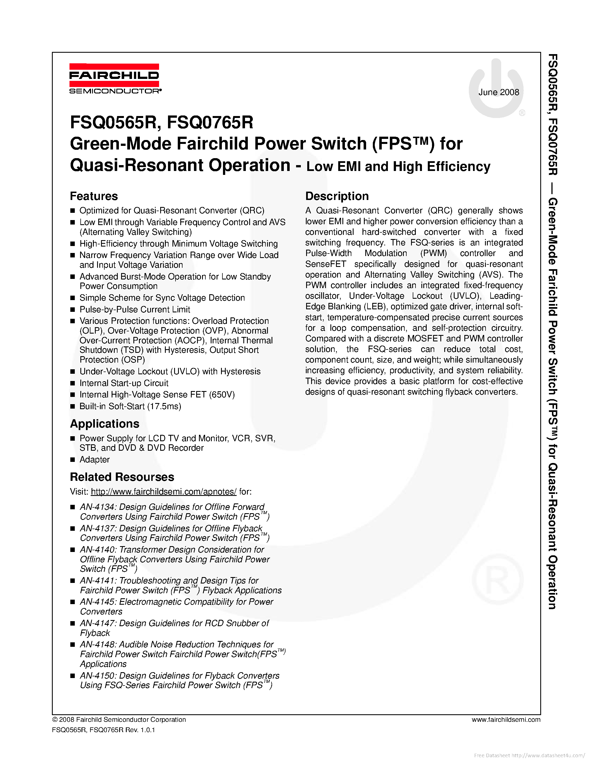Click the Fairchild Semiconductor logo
click(x=114, y=79)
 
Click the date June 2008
click(x=498, y=92)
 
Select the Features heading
click(x=94, y=196)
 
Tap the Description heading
click(x=337, y=196)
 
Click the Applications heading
click(x=105, y=424)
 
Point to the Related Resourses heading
click(x=122, y=477)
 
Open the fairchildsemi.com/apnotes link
click(x=164, y=492)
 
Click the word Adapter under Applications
click(x=95, y=460)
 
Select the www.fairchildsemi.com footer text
click(x=506, y=720)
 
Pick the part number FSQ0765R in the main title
click(x=210, y=122)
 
